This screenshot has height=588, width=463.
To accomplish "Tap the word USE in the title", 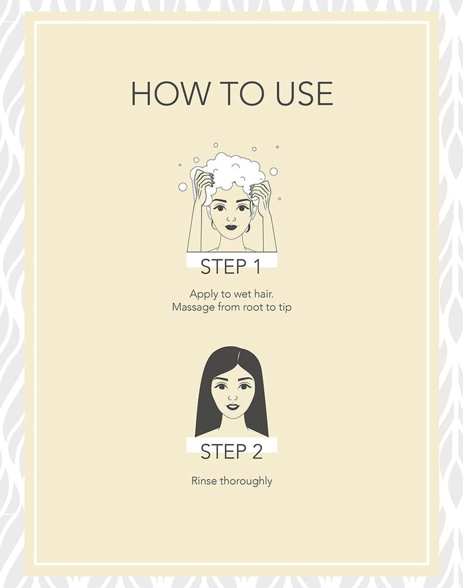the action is point(304,94).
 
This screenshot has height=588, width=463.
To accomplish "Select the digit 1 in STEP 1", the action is point(256,266).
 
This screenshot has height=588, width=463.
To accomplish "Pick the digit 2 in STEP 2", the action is point(257,451).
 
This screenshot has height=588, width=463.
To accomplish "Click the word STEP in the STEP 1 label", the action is point(223,266).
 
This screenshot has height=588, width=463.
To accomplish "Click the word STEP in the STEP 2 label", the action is point(223,451).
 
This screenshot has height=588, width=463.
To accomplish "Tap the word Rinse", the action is point(204,481).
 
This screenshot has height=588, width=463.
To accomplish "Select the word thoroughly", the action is point(246,481).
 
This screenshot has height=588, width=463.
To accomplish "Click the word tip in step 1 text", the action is point(285,308).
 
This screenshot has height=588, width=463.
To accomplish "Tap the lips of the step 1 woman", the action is point(231,227).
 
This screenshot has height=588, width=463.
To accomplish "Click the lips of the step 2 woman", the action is point(233,407).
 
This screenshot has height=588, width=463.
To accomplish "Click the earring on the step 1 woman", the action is point(214,225).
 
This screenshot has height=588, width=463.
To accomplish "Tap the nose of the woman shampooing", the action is point(231,218).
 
